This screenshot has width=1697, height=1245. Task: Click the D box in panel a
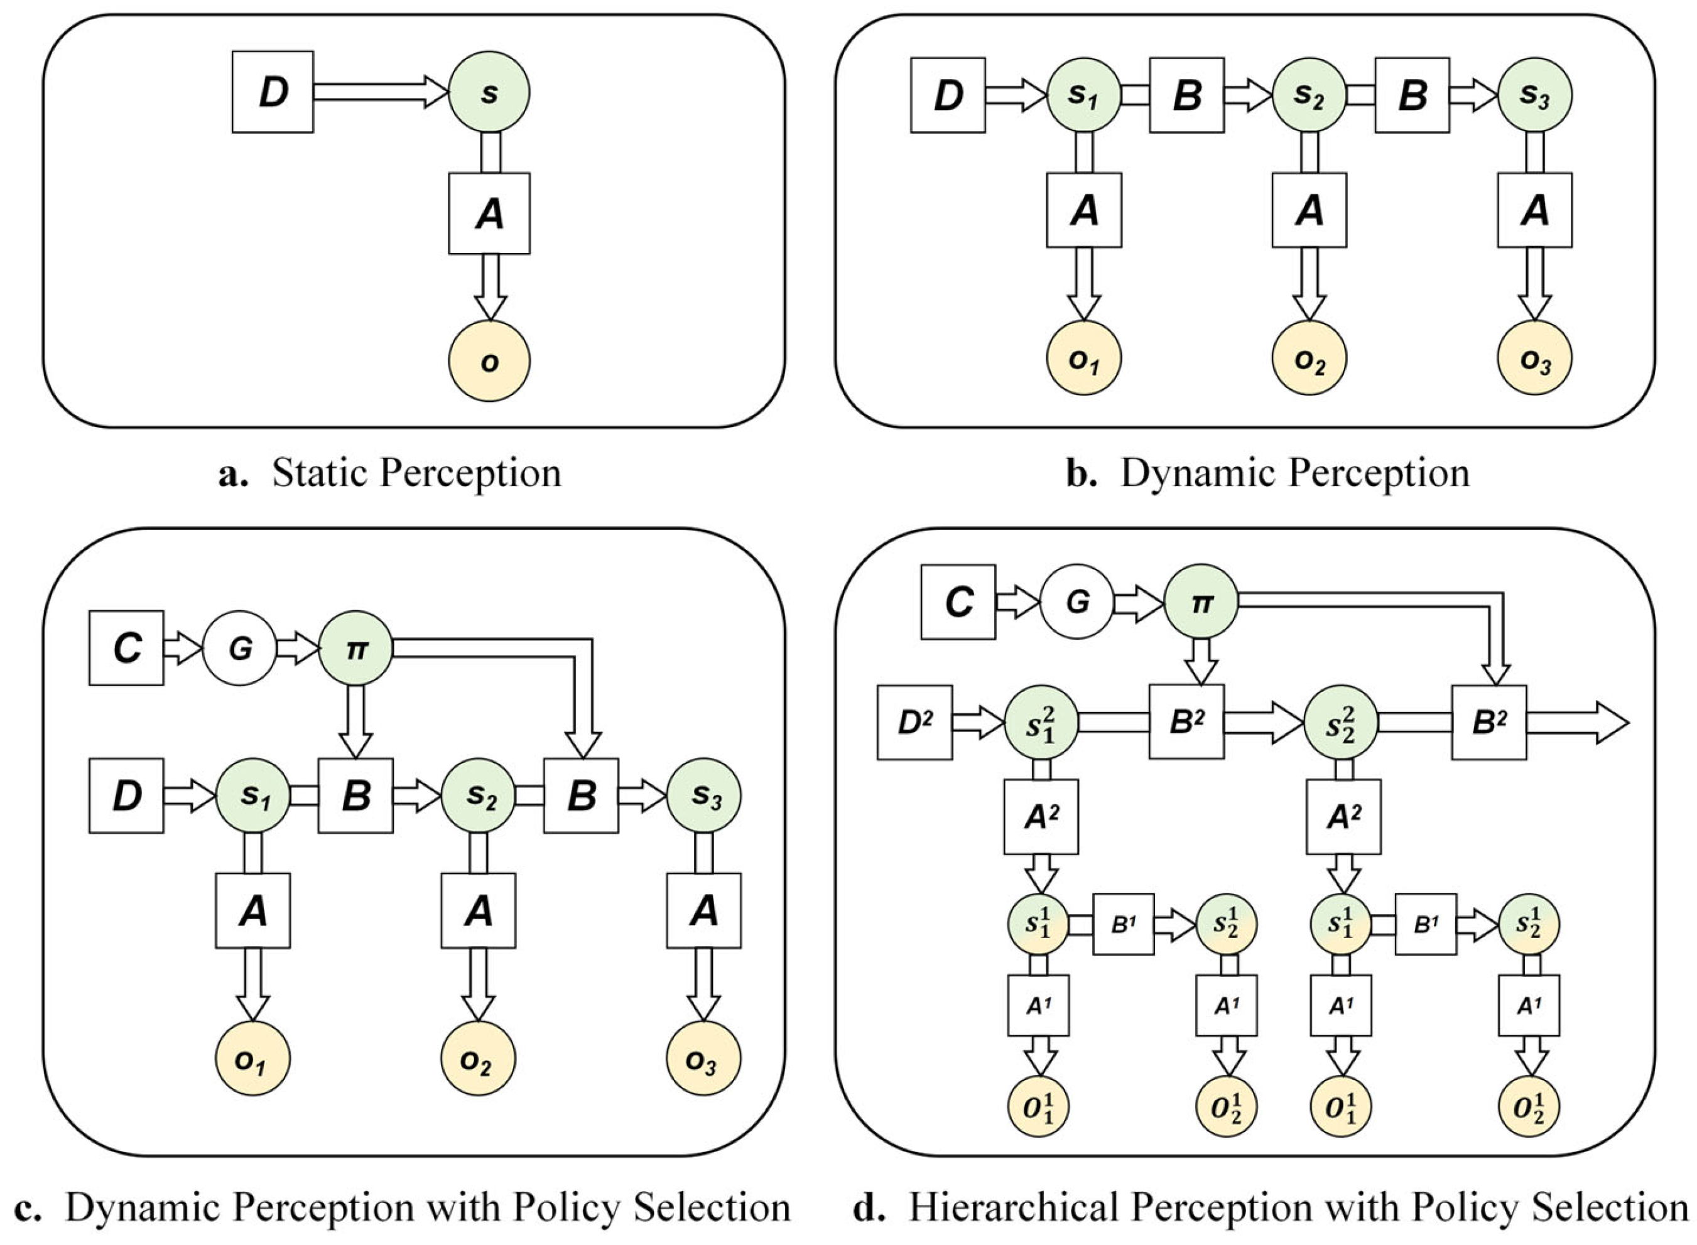(x=272, y=92)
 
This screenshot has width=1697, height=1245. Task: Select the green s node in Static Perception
(x=489, y=92)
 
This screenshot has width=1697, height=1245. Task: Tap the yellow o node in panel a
(x=489, y=361)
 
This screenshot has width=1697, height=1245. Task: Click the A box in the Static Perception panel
(x=489, y=213)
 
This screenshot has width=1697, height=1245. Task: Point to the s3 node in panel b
(x=1534, y=95)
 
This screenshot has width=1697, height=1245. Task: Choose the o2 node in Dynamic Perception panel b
(x=1308, y=358)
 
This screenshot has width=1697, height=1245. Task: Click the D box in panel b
(x=947, y=95)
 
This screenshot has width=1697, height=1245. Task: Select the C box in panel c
(x=126, y=647)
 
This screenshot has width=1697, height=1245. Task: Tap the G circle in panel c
(x=239, y=648)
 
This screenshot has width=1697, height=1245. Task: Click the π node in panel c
(x=355, y=648)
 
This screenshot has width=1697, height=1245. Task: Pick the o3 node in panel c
(x=703, y=1058)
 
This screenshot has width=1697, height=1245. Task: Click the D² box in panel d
(x=914, y=723)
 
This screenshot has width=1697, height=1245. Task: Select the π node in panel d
(x=1200, y=602)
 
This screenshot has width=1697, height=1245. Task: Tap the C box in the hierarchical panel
(x=957, y=602)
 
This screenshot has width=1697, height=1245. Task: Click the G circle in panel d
(x=1076, y=602)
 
